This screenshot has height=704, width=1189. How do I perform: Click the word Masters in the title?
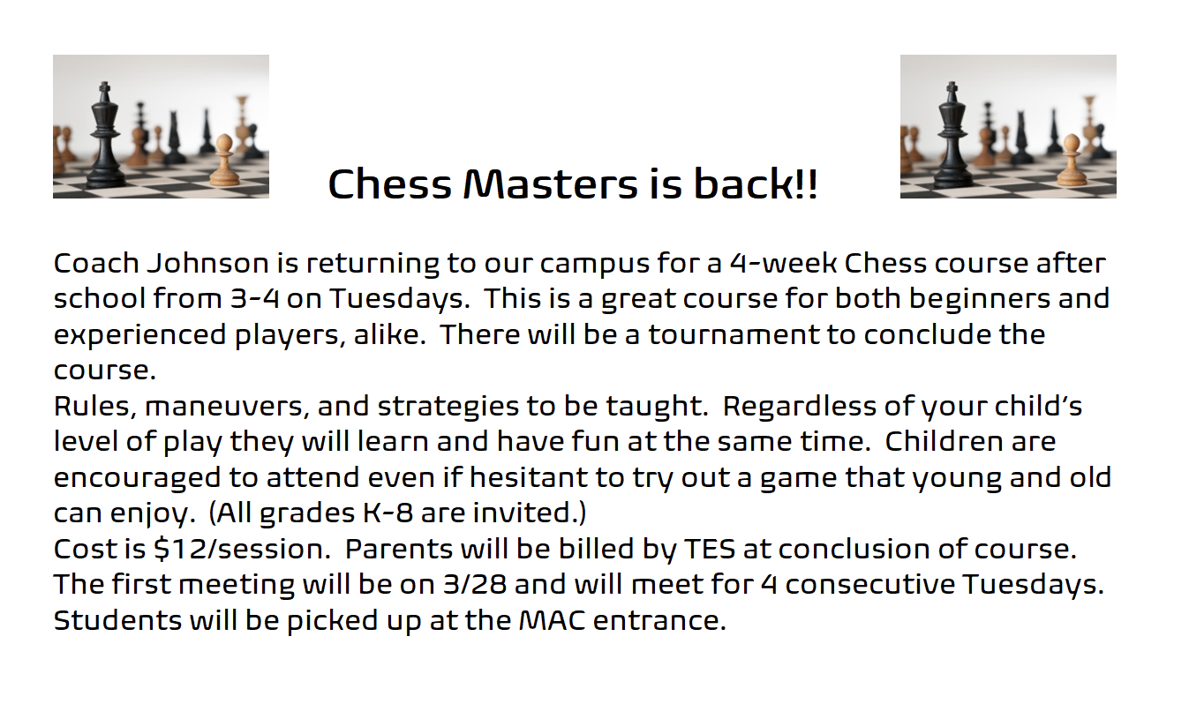pyautogui.click(x=551, y=183)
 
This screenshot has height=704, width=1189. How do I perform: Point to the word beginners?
pyautogui.click(x=979, y=299)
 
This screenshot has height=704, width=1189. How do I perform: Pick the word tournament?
pyautogui.click(x=733, y=334)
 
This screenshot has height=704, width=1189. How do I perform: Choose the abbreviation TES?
pyautogui.click(x=709, y=548)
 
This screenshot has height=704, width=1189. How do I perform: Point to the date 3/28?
pyautogui.click(x=475, y=584)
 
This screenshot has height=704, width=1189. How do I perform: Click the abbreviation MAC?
pyautogui.click(x=552, y=620)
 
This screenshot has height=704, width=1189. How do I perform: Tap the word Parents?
pyautogui.click(x=399, y=548)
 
